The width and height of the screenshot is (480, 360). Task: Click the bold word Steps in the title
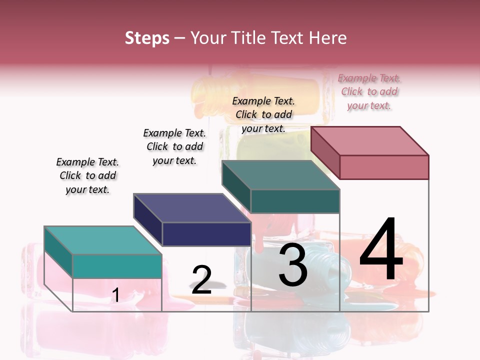coord(147,38)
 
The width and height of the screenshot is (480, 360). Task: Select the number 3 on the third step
coord(293,265)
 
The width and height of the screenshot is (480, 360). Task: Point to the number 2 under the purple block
coord(201,280)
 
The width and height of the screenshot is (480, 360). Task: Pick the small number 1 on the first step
coord(115,295)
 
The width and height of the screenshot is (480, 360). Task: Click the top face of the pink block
coord(370,140)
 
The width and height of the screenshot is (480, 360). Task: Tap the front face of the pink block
coord(384,167)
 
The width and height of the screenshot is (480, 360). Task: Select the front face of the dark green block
coord(295,201)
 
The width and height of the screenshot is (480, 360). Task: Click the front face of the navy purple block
coord(206,234)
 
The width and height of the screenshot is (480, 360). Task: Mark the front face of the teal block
coord(117,266)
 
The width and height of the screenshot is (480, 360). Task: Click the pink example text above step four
coord(369,92)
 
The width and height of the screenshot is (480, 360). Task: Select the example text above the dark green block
coord(263,115)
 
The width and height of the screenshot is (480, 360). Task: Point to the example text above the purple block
coord(174,147)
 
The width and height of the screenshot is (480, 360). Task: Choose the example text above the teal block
coord(87,176)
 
